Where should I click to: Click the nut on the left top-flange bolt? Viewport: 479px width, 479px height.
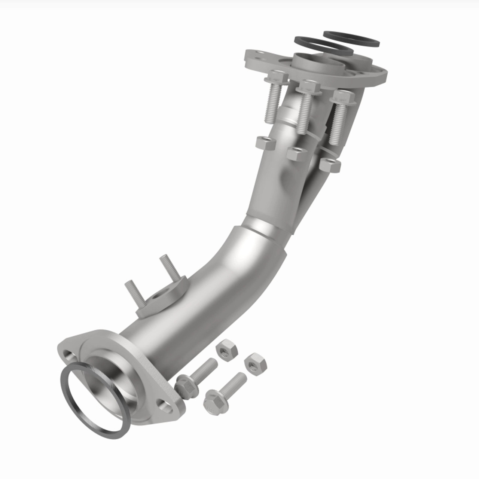point(266,143)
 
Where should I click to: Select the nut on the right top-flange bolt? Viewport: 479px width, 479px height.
point(330,165)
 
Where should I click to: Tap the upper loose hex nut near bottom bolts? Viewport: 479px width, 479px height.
point(227,350)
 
